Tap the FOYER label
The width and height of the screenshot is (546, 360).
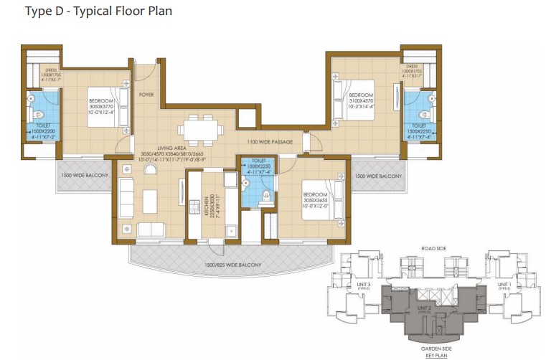(146, 94)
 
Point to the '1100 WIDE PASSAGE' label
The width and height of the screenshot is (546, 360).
(270, 142)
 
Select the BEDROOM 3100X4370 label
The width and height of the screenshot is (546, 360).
(360, 100)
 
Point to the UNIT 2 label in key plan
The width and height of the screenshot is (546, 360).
(424, 308)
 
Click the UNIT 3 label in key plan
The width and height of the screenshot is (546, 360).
(363, 285)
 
